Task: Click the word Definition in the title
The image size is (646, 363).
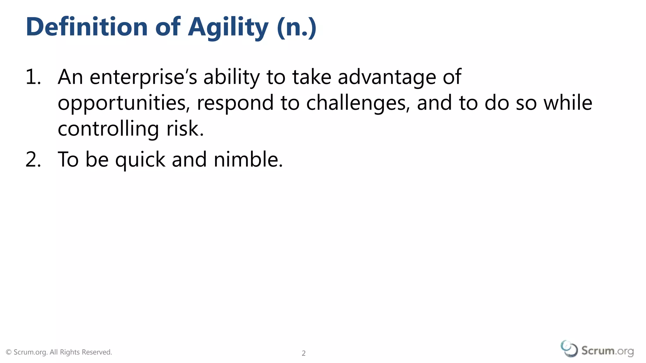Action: pos(86,27)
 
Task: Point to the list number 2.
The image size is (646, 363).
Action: pos(33,159)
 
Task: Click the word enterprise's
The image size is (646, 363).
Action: pos(143,77)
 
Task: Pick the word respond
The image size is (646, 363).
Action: pos(235,103)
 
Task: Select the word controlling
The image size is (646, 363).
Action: pos(108,129)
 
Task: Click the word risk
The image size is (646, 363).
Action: pos(185,129)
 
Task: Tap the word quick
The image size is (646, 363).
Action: pos(140,160)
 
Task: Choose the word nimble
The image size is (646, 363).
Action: pos(248,159)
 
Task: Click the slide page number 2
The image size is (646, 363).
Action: pos(303,353)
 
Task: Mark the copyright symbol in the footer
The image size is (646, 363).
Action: pos(9,352)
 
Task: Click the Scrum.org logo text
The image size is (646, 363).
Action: pos(607,351)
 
